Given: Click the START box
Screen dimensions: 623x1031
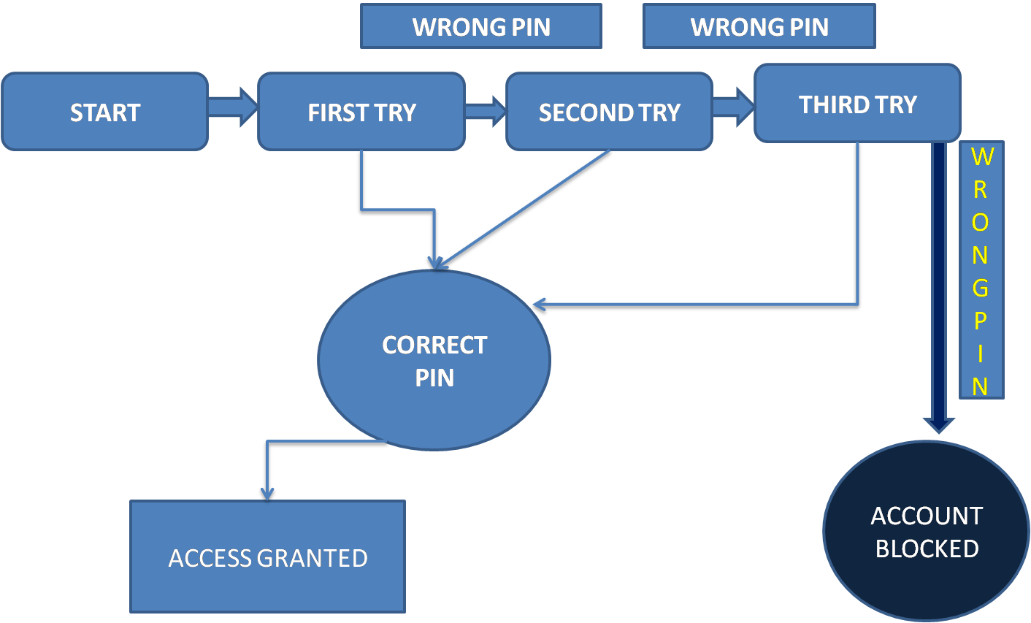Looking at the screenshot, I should click(104, 112).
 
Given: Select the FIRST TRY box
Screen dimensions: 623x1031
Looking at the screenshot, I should click(361, 112).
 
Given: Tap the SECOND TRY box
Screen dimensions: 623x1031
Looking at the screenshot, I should click(609, 112).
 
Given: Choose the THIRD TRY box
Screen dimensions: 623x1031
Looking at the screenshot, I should click(857, 104).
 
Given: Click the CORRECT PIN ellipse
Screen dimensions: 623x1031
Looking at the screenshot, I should click(434, 361).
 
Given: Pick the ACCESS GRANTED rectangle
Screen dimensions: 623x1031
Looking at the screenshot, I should click(267, 557).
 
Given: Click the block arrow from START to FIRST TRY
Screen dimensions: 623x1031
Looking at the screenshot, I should click(232, 107).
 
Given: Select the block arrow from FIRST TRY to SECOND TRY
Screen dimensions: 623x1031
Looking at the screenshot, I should click(485, 111).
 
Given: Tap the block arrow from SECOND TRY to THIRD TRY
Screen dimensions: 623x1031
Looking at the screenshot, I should click(732, 107).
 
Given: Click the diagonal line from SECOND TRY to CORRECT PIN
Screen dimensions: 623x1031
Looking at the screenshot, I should click(526, 208).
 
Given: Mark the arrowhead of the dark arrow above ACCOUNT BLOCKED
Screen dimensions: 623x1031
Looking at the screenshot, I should click(938, 425).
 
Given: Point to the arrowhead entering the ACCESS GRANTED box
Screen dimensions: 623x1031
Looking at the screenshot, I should click(267, 494).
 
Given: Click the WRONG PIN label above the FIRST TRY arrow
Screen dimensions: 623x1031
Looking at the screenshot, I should click(481, 27).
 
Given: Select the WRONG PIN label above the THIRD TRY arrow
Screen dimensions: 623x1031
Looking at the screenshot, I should click(759, 27).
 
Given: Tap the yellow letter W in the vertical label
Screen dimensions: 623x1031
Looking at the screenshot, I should click(981, 157).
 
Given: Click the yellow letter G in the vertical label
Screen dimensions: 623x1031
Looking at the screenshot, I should click(981, 288).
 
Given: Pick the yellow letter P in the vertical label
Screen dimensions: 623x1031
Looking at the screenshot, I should click(981, 321).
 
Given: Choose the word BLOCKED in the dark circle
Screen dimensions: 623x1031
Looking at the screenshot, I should click(927, 549).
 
